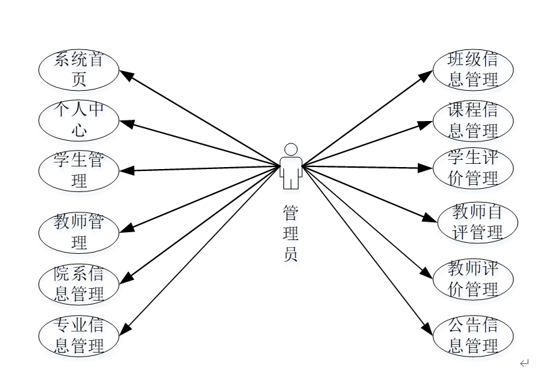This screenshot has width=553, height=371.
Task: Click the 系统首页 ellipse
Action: tap(79, 70)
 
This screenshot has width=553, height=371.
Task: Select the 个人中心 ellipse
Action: tap(79, 120)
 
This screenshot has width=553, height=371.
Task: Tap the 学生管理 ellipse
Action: tap(79, 171)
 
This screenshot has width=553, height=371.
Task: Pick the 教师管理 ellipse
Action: tap(79, 232)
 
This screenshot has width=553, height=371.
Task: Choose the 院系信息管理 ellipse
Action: tap(79, 284)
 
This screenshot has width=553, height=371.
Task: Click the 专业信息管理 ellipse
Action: tap(79, 335)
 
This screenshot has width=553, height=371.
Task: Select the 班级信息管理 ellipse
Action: tap(473, 70)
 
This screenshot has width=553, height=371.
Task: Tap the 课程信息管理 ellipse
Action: tap(473, 120)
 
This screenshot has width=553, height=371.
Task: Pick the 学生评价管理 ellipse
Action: tap(473, 168)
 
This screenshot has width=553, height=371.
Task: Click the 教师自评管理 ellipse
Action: tap(477, 222)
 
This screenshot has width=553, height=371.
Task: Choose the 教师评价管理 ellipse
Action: tap(473, 279)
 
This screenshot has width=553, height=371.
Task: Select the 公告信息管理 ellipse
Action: tap(473, 335)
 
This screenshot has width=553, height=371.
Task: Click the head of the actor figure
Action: tap(291, 149)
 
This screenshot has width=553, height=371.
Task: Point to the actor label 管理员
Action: tap(291, 234)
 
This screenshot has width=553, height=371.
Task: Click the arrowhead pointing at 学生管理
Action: tap(127, 170)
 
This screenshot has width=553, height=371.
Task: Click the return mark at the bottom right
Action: tap(525, 362)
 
